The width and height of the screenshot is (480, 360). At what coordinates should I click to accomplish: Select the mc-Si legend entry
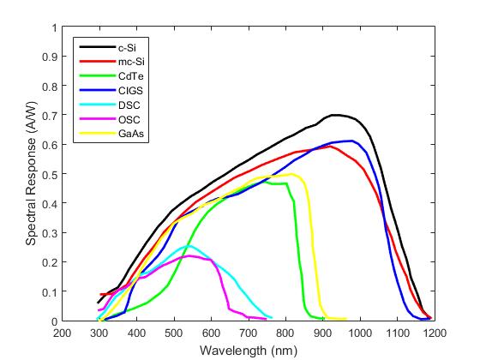(131, 63)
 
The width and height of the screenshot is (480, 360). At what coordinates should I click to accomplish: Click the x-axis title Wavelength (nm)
(248, 351)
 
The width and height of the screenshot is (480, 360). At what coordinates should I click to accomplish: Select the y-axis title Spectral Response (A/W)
(32, 175)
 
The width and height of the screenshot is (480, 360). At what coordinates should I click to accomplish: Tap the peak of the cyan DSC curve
(189, 246)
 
